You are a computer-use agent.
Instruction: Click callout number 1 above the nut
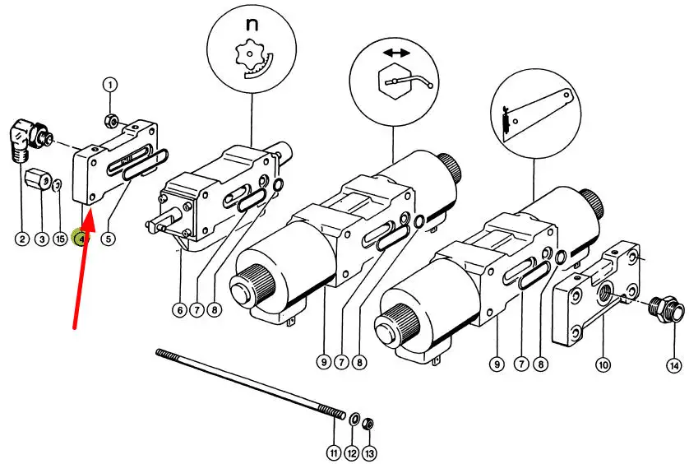[x=111, y=84]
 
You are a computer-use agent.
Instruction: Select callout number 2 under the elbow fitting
[x=21, y=239]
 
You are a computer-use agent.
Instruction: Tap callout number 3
[x=41, y=239]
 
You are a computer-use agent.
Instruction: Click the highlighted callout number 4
[x=81, y=239]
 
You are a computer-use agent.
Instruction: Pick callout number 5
[x=109, y=239]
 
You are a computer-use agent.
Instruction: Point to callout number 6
[x=179, y=310]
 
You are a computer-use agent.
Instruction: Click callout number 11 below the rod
[x=333, y=452]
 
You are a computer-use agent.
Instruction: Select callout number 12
[x=352, y=452]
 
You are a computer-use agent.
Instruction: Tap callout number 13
[x=370, y=452]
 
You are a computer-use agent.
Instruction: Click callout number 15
[x=59, y=239]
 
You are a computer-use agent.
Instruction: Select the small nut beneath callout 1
[x=111, y=122]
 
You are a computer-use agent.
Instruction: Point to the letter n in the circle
[x=252, y=25]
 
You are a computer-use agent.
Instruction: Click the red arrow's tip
[x=95, y=210]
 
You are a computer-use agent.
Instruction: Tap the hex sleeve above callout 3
[x=39, y=179]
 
